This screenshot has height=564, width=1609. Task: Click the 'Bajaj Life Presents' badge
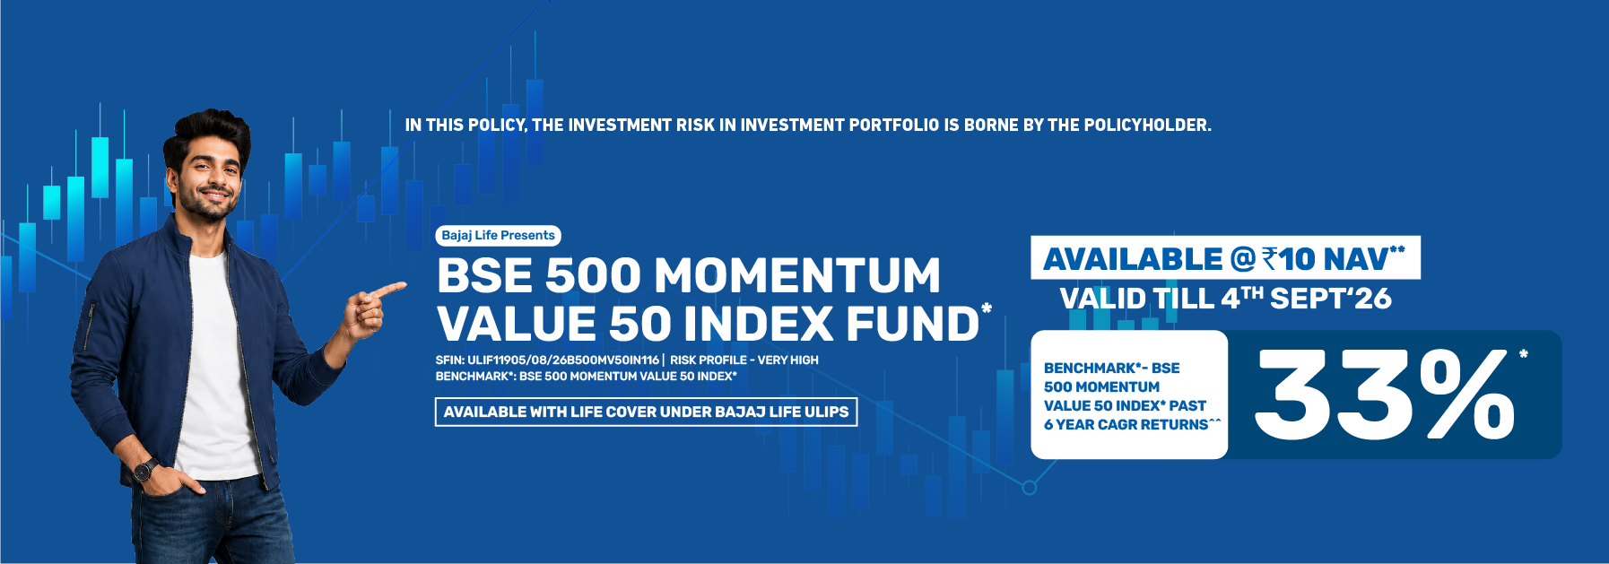click(x=499, y=235)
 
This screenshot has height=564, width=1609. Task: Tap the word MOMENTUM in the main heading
click(x=797, y=275)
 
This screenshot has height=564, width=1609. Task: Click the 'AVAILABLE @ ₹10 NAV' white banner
click(x=1225, y=258)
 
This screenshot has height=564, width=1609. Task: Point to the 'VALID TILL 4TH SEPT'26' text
click(x=1225, y=298)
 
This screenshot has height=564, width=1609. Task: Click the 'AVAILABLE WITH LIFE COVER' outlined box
click(x=646, y=412)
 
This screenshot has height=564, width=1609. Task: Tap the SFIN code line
click(x=547, y=360)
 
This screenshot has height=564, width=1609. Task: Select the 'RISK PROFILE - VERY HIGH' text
click(x=744, y=360)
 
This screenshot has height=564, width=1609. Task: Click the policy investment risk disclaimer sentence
click(x=808, y=125)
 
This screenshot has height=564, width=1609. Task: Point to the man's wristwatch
click(x=144, y=469)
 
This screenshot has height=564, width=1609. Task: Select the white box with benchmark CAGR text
click(x=1128, y=395)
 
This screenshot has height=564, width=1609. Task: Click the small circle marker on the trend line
click(x=1029, y=488)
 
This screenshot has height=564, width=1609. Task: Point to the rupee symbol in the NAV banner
click(x=1269, y=259)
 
